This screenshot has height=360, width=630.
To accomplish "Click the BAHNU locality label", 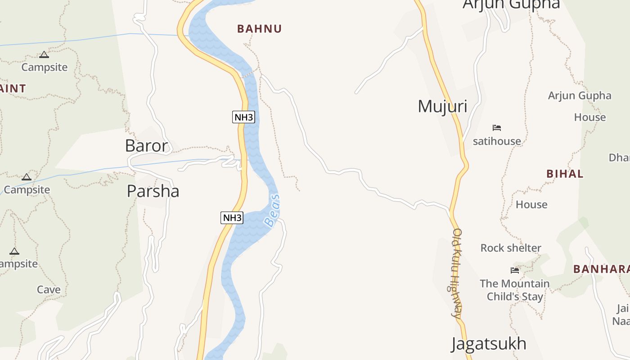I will [x=259, y=29].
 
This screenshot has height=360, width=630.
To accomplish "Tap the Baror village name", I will [x=146, y=146].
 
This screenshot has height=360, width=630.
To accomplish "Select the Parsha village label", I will [x=153, y=191].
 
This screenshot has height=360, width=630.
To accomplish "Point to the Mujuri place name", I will [x=442, y=107].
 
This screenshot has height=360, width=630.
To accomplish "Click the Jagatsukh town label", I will [x=489, y=344].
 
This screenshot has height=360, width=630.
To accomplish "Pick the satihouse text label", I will [x=497, y=141].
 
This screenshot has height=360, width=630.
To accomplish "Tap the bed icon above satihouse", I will [x=497, y=128].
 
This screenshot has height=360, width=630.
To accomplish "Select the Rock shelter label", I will [x=511, y=248].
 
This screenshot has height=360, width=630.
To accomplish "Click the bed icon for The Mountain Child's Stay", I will [x=515, y=270].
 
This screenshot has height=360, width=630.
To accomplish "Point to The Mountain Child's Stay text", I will [x=515, y=290].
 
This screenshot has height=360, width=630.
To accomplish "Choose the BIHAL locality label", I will [x=565, y=174].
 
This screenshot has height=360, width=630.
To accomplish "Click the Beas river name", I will [x=272, y=210].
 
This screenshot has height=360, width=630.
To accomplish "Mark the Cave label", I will [x=49, y=290].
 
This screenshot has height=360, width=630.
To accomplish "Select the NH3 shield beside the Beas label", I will [x=232, y=218].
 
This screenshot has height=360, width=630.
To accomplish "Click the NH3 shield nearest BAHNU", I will [x=243, y=117].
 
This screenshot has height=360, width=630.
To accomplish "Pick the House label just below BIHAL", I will [x=531, y=205].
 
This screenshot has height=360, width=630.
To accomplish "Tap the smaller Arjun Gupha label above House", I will [x=580, y=96].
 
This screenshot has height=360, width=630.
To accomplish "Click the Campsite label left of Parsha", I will [x=27, y=189].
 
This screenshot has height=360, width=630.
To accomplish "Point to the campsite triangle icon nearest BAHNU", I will [x=44, y=55].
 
